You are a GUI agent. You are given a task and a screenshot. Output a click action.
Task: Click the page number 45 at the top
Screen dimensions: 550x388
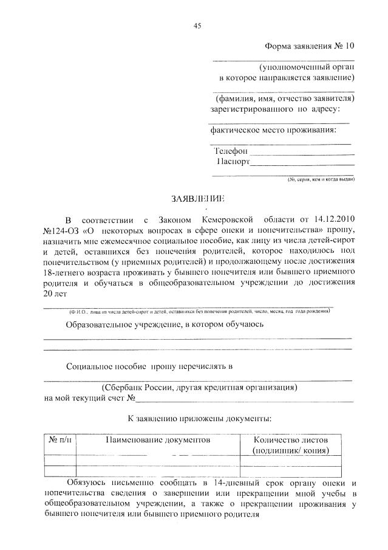[197, 26]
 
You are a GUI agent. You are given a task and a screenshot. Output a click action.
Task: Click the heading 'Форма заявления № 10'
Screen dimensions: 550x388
[308, 46]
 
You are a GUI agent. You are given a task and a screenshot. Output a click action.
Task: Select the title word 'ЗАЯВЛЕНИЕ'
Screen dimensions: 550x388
[198, 199]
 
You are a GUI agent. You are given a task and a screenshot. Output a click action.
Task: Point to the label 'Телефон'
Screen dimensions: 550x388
[231, 150]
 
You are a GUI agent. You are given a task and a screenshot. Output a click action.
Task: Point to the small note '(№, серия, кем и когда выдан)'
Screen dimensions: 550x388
[321, 180]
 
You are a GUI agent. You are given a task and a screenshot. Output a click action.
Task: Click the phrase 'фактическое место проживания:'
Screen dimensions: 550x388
[273, 130]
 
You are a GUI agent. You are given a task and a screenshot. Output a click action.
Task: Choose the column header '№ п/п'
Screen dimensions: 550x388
[60, 439]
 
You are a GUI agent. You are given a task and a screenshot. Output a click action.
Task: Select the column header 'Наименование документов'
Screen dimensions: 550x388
[158, 439]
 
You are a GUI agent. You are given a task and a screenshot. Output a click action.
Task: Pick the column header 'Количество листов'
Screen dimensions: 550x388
[291, 440]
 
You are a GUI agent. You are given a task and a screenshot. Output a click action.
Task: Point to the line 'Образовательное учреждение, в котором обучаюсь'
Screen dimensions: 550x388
[165, 325]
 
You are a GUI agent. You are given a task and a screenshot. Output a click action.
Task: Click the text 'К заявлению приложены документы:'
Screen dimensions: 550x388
[199, 419]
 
